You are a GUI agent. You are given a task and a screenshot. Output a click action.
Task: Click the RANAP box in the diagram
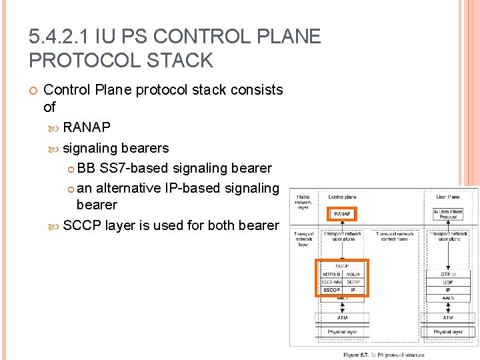click(343, 214)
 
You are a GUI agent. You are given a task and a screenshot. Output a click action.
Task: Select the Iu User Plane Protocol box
click(447, 214)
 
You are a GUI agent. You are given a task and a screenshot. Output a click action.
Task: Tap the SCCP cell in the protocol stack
click(343, 265)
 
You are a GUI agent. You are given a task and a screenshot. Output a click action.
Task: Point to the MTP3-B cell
click(332, 274)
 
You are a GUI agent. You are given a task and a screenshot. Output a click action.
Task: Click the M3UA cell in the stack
click(353, 274)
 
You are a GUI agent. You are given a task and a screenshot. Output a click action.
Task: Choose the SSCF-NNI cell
click(332, 282)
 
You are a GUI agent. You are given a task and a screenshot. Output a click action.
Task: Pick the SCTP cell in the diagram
click(353, 282)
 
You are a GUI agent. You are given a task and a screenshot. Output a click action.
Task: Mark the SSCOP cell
click(332, 290)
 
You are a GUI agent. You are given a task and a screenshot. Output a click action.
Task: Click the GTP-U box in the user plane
click(447, 274)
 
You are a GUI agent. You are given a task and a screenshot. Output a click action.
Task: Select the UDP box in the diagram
click(447, 282)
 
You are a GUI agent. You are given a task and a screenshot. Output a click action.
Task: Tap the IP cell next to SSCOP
click(353, 290)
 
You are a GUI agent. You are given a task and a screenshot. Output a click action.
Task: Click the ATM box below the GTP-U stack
click(447, 318)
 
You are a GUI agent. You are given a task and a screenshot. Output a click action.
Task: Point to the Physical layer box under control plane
click(342, 331)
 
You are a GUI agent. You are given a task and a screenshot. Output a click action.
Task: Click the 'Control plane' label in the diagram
click(342, 197)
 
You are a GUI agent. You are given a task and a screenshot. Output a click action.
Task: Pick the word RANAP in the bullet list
click(87, 127)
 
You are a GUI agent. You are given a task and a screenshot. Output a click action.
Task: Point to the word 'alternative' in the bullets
click(128, 188)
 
